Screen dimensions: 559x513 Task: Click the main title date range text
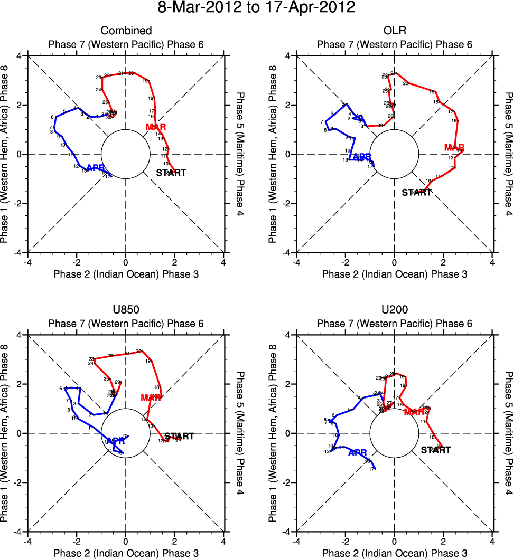coord(256,8)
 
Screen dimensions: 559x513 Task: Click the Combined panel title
coord(126,31)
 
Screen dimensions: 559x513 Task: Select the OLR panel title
coord(394,31)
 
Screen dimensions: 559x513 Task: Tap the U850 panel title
coord(126,310)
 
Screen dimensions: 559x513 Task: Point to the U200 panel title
coord(394,310)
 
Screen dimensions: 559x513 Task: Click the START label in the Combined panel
coord(171,173)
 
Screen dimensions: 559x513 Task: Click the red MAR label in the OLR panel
coord(454,147)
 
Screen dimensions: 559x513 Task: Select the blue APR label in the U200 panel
coord(358,452)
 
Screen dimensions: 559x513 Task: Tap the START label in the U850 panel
coord(180,437)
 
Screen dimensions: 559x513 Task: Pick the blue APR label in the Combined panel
coord(96,168)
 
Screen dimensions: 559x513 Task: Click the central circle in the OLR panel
coord(394,154)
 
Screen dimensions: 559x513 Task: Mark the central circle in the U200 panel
coord(394,433)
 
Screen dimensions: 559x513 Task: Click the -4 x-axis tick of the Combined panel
coord(27,262)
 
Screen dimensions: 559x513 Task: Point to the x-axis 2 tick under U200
coord(443,542)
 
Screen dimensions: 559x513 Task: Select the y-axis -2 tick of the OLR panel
coord(287,203)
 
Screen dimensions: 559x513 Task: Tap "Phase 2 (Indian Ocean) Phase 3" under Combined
coord(126,274)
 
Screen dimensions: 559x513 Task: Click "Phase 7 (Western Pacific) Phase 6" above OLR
coord(394,45)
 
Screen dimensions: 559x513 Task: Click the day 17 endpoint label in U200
coord(372,469)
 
